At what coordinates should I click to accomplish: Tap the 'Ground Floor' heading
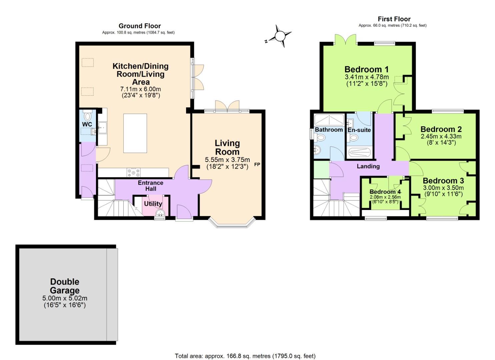coord(140,26)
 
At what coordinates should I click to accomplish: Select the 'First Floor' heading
coord(394,19)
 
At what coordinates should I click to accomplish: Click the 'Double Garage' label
coord(65,286)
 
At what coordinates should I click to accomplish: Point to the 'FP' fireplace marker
coord(257,164)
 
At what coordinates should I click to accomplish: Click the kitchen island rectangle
coord(135,133)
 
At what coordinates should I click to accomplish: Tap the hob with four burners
coord(133,173)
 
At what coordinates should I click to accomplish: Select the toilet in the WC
coord(88,116)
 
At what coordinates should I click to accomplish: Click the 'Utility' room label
coord(153,204)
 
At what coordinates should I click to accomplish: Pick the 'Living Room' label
coord(227,147)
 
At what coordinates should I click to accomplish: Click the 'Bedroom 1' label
coord(366,69)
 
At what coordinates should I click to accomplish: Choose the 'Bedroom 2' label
coord(441,129)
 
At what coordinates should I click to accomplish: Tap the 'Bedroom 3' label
coord(443,181)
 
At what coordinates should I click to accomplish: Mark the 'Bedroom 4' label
coord(385,192)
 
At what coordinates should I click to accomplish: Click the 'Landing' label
coord(368,166)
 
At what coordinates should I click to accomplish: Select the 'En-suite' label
coord(359,130)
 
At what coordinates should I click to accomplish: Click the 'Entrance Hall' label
coord(151,186)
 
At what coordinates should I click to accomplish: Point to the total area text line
coord(245,356)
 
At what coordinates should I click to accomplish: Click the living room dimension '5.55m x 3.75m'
coord(227,160)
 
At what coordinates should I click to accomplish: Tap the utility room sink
coord(160,213)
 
